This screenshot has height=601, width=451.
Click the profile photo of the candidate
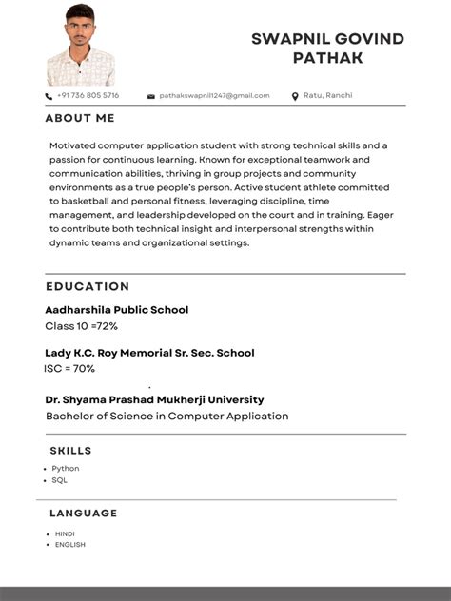(x=81, y=45)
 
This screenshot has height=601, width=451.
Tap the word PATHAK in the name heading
(x=327, y=59)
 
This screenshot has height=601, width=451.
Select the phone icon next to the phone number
(x=49, y=96)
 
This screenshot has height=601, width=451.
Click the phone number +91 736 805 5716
(x=88, y=96)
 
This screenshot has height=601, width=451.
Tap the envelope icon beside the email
(x=150, y=96)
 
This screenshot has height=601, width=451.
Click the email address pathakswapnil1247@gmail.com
(x=214, y=96)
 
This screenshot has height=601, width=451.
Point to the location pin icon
(x=295, y=96)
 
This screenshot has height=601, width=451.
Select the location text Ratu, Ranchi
(x=327, y=96)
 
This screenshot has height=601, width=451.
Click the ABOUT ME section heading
(x=80, y=119)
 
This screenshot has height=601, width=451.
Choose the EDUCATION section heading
(x=88, y=286)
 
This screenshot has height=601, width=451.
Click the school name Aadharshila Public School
(x=116, y=310)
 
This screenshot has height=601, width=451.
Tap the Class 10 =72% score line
(x=81, y=326)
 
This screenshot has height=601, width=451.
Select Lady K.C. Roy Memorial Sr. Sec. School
(x=149, y=353)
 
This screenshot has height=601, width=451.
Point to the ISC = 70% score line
(x=69, y=369)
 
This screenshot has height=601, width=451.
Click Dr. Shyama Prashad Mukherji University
(x=154, y=399)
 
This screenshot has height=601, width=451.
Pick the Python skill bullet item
(x=66, y=469)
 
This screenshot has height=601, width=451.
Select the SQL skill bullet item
(x=59, y=481)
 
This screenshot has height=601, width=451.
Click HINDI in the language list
(x=65, y=534)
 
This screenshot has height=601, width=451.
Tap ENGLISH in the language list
(x=69, y=545)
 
